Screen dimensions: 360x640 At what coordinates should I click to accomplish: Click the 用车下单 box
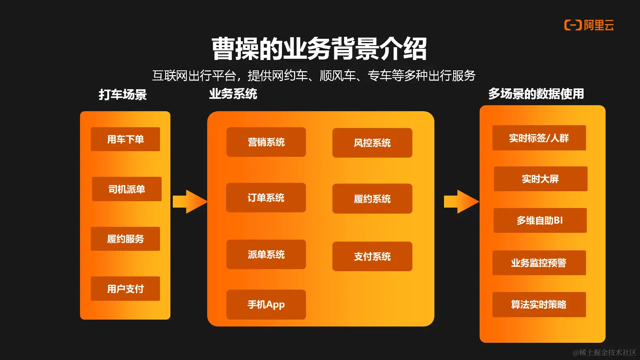[125, 139]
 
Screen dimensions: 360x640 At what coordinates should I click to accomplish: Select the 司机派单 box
[126, 189]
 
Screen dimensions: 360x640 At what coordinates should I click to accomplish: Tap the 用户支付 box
[125, 288]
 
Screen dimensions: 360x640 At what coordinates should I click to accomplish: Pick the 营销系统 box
[266, 142]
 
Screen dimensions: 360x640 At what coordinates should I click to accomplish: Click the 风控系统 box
[372, 143]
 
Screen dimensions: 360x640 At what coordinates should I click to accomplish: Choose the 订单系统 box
[266, 198]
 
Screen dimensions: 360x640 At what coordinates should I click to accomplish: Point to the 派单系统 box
[266, 254]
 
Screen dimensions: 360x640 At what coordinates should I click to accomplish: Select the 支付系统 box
[372, 256]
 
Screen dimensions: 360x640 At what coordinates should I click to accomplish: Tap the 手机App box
[266, 304]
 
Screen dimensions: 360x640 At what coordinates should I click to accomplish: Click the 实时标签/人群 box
[539, 138]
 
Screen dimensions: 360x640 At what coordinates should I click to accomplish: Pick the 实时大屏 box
[540, 179]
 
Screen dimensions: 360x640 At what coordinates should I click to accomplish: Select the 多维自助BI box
[540, 220]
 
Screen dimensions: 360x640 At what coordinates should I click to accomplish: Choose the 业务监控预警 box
[539, 263]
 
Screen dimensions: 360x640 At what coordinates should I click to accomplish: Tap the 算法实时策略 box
[539, 304]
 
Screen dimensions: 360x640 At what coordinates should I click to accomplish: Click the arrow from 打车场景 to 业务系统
[190, 202]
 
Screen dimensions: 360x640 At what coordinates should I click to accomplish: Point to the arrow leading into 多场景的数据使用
[461, 202]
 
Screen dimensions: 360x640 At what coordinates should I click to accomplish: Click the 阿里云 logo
[589, 25]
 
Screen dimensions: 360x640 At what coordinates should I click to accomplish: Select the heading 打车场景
[123, 94]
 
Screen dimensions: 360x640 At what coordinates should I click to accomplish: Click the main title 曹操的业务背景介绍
[319, 49]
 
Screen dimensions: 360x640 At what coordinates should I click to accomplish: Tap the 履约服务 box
[125, 239]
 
